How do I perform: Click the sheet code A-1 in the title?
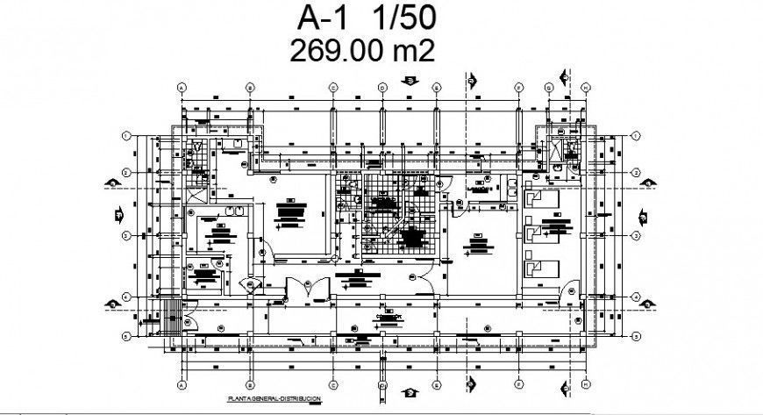(x=319, y=18)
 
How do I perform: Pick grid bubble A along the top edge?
(x=182, y=88)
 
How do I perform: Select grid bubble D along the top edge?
(x=382, y=88)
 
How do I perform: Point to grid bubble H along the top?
(x=585, y=88)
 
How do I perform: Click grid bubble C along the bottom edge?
(x=333, y=385)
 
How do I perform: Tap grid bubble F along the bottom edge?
(x=519, y=385)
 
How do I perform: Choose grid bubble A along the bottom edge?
(x=182, y=385)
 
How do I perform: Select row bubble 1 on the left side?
(x=126, y=135)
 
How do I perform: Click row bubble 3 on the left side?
(x=126, y=235)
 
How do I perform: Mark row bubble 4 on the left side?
(x=126, y=297)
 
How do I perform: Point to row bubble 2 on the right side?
(x=635, y=173)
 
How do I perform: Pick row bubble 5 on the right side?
(x=635, y=335)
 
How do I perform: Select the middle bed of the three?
(x=534, y=233)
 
